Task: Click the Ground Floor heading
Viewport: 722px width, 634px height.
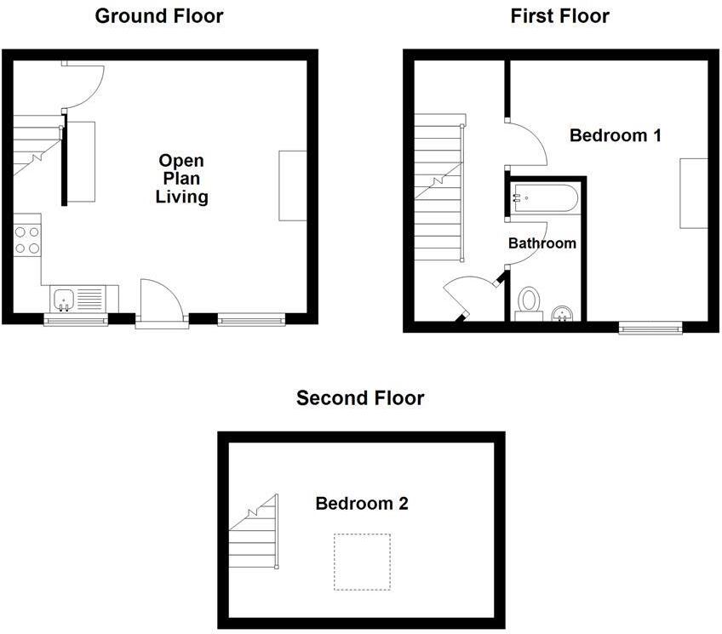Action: pyautogui.click(x=159, y=15)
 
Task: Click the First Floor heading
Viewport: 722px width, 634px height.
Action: pyautogui.click(x=559, y=15)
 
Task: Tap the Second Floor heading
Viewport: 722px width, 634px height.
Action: pyautogui.click(x=360, y=397)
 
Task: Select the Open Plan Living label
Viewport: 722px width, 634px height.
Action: pyautogui.click(x=181, y=179)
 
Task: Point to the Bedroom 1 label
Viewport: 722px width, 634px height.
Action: pyautogui.click(x=616, y=135)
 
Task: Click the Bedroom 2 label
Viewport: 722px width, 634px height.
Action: pyautogui.click(x=362, y=503)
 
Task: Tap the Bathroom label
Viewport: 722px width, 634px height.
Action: pyautogui.click(x=542, y=243)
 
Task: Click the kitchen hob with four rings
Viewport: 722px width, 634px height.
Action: pyautogui.click(x=27, y=239)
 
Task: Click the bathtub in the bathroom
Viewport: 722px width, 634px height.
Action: pyautogui.click(x=544, y=200)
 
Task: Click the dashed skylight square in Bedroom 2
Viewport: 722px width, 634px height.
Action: pyautogui.click(x=362, y=562)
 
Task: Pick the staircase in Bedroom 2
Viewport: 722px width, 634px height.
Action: pyautogui.click(x=255, y=534)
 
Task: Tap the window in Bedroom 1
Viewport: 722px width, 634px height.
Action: pyautogui.click(x=650, y=327)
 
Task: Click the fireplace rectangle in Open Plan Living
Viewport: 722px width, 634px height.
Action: pyautogui.click(x=292, y=186)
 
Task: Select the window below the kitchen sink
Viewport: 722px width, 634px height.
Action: pyautogui.click(x=76, y=320)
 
